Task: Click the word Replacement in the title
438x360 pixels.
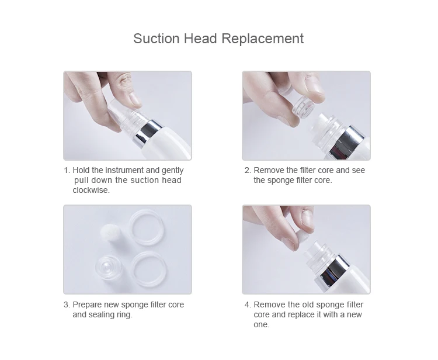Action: (263, 39)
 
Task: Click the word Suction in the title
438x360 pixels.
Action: (157, 39)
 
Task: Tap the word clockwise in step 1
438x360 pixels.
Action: (91, 190)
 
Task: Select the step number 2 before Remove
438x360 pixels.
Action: (248, 170)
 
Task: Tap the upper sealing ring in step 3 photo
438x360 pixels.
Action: (147, 227)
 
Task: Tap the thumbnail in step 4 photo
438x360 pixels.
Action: (308, 219)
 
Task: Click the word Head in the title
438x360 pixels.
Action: (200, 39)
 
